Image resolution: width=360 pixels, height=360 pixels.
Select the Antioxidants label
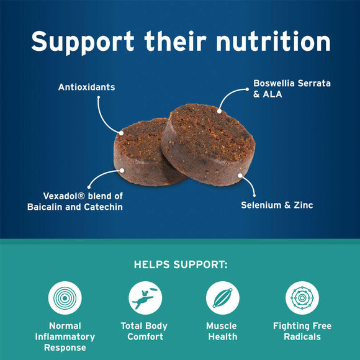tap(86, 87)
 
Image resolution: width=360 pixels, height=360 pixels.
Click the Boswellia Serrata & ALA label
tap(283, 88)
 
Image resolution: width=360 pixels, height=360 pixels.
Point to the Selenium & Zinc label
tap(277, 205)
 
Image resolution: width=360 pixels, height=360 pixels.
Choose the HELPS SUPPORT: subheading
tap(180, 265)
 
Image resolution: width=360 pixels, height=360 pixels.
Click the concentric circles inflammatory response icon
tap(65, 298)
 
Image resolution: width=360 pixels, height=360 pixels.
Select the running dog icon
tap(145, 298)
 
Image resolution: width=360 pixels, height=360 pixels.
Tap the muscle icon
tap(222, 298)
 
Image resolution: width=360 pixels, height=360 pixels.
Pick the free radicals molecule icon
tap(302, 298)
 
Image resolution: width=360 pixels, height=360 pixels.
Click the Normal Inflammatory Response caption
tap(65, 337)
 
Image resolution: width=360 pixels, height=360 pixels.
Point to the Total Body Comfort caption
tap(145, 331)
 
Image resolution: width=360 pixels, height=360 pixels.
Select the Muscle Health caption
tap(222, 331)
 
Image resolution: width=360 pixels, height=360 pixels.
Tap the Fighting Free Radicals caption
tap(302, 331)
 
